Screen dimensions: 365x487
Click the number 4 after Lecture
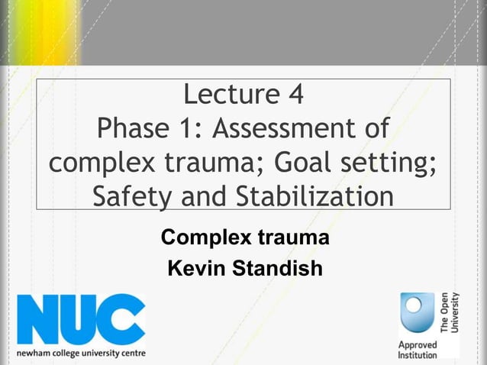click(294, 95)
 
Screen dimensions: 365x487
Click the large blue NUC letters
click(81, 319)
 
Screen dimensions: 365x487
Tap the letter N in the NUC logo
click(37, 319)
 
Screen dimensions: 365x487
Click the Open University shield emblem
click(418, 312)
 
